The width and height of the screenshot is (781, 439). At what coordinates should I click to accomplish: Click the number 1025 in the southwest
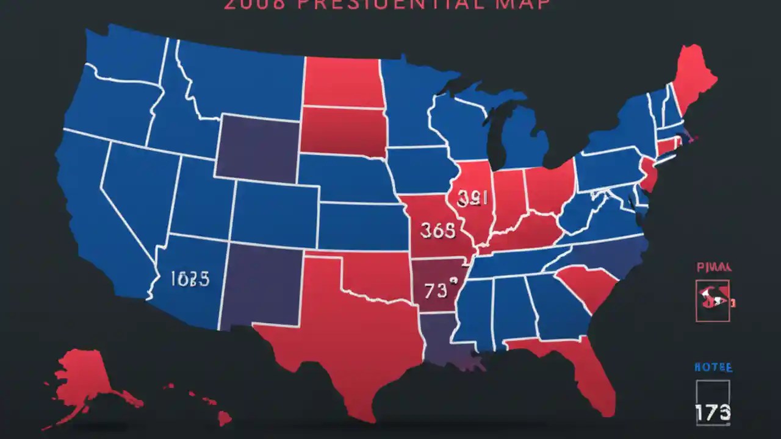click(190, 279)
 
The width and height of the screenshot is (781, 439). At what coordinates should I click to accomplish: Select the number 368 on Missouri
click(437, 230)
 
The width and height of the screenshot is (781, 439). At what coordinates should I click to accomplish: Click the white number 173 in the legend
click(713, 413)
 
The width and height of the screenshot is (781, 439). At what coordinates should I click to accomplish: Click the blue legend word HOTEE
click(713, 368)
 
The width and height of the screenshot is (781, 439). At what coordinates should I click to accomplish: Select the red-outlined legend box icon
click(713, 300)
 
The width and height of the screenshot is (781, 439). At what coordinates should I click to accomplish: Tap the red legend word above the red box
click(714, 266)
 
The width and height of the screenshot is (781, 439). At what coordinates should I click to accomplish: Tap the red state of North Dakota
click(342, 82)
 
